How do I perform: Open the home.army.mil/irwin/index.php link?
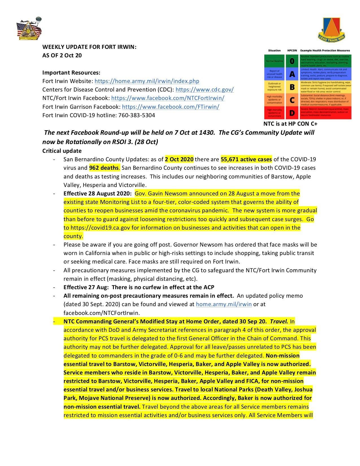[x=147, y=81]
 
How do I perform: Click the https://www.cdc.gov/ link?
[x=204, y=90]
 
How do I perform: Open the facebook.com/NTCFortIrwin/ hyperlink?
[x=168, y=98]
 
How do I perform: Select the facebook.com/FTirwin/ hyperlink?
[x=171, y=107]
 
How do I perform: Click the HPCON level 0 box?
[x=292, y=61]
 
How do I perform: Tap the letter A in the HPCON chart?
[x=292, y=74]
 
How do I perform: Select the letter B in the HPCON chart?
[x=292, y=87]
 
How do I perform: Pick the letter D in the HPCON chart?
[x=292, y=113]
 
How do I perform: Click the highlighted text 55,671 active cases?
[x=246, y=159]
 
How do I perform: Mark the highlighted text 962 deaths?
[x=104, y=168]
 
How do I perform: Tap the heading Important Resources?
[x=71, y=73]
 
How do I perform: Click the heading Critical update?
[x=62, y=151]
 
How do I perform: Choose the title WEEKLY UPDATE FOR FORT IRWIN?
[x=89, y=47]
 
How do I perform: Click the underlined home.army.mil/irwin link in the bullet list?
[x=224, y=304]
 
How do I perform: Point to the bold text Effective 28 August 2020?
[x=97, y=194]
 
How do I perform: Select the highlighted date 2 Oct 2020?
[x=179, y=159]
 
